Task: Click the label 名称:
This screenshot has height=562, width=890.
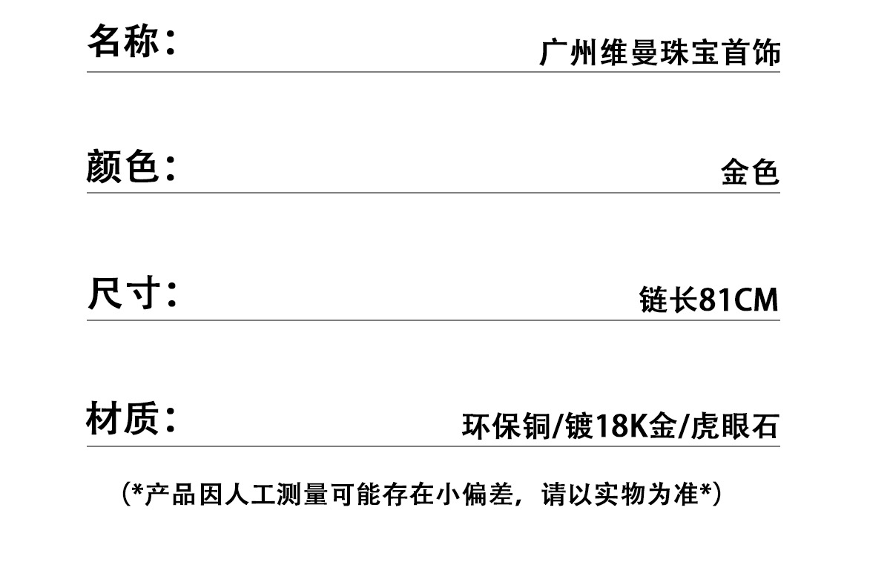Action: click(131, 42)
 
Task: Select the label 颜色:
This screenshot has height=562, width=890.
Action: click(131, 166)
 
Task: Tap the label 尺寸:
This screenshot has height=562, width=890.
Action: click(131, 294)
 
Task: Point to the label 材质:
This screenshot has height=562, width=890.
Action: click(131, 420)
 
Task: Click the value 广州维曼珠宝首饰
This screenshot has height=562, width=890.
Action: click(659, 54)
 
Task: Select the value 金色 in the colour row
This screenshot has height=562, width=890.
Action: click(750, 173)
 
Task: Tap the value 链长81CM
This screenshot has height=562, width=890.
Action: click(708, 300)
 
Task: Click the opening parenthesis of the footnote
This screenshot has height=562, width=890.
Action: click(125, 495)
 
